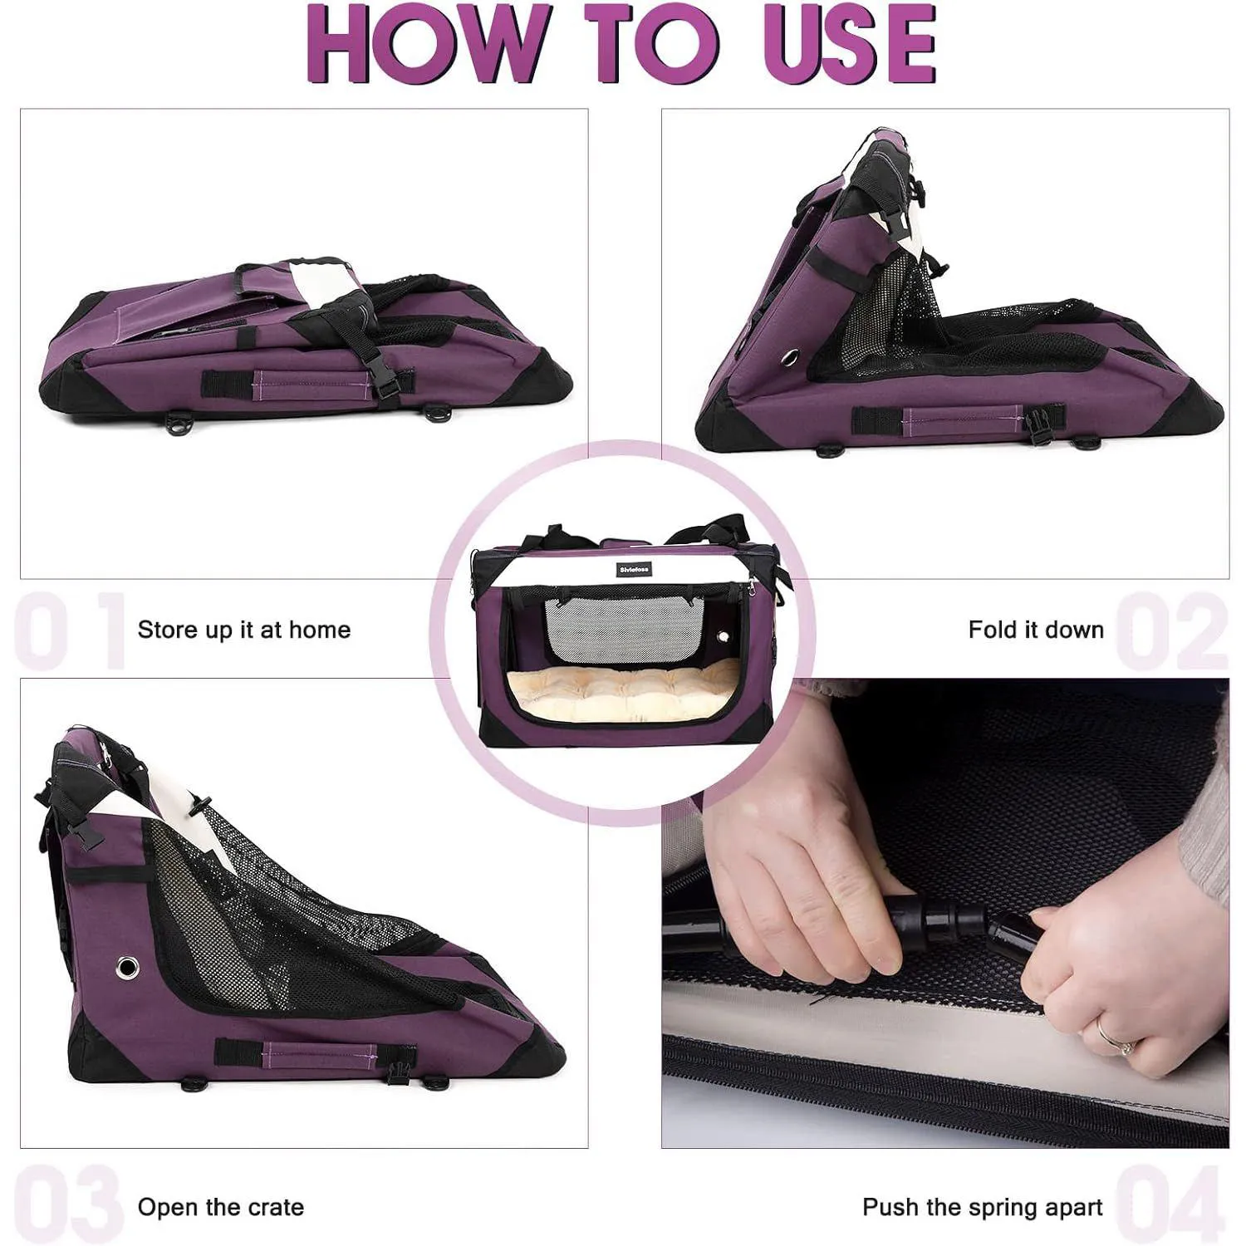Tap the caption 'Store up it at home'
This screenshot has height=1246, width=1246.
(244, 630)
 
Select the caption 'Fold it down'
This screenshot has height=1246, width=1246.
(1036, 630)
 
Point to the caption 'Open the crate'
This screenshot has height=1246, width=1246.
(221, 1207)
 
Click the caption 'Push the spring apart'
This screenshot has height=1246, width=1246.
(983, 1207)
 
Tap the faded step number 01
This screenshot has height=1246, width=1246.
(71, 630)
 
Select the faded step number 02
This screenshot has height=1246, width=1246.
(1171, 630)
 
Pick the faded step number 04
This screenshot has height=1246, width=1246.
(1171, 1206)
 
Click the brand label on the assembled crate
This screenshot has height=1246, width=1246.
(635, 569)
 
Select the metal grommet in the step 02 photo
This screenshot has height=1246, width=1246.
(789, 357)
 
